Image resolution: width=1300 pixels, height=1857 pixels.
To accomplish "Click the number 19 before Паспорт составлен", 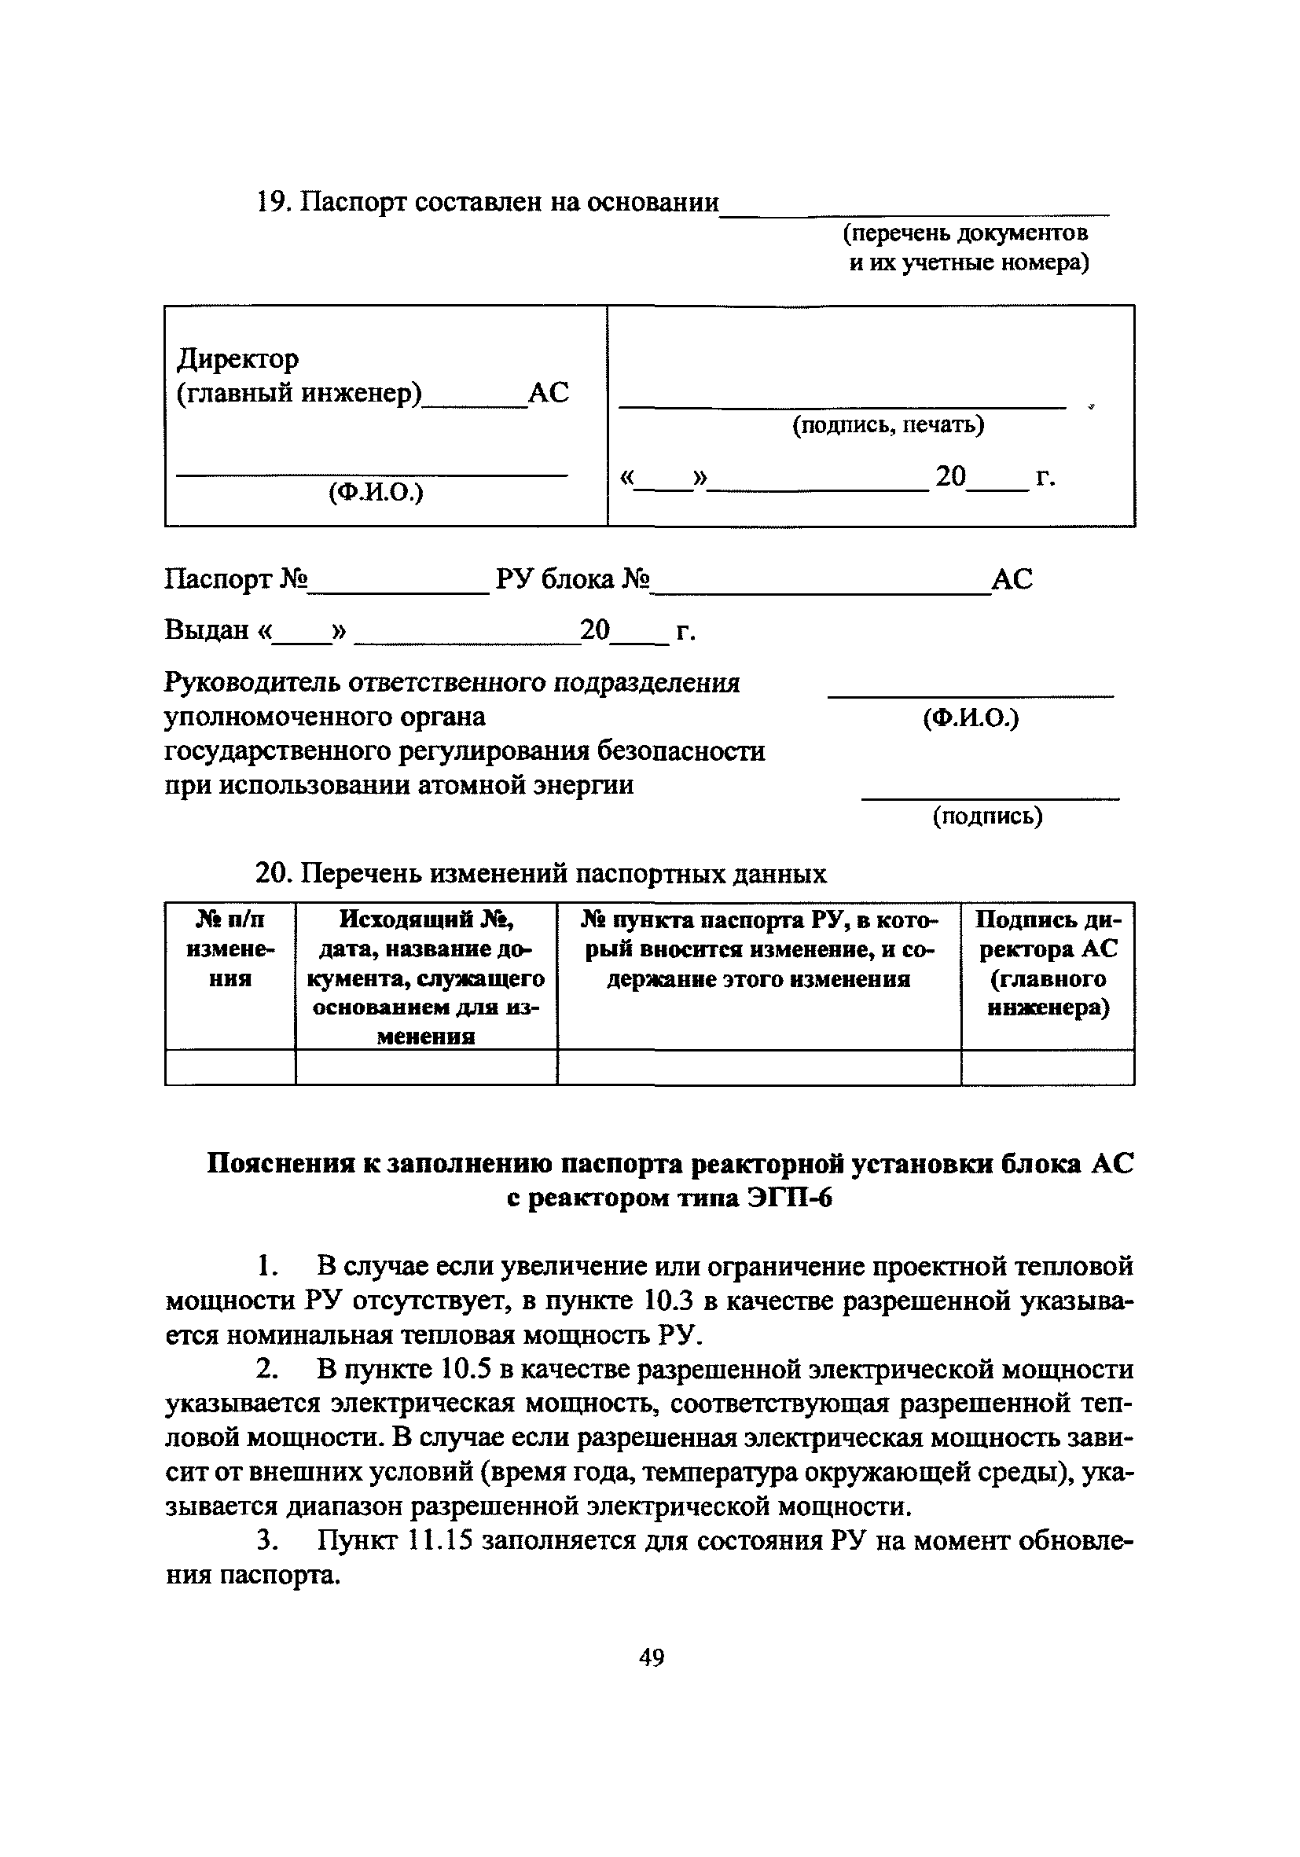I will pyautogui.click(x=271, y=202).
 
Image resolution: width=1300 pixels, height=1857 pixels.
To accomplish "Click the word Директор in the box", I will pyautogui.click(x=238, y=358).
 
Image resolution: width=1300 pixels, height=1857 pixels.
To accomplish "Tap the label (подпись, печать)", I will pyautogui.click(x=887, y=424).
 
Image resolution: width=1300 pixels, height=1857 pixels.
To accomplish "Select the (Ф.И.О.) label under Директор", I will pyautogui.click(x=376, y=492).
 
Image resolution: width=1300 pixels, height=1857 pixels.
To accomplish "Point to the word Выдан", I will pyautogui.click(x=207, y=629).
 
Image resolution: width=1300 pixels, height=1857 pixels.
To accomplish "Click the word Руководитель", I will pyautogui.click(x=252, y=683).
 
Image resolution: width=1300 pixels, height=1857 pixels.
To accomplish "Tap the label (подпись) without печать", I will pyautogui.click(x=987, y=816).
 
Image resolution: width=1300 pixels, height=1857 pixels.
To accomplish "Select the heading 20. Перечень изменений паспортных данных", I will pyautogui.click(x=541, y=874).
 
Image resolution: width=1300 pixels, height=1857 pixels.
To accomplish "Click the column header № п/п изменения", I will pyautogui.click(x=230, y=949).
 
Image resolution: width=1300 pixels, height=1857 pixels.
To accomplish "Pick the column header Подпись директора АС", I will pyautogui.click(x=1048, y=963).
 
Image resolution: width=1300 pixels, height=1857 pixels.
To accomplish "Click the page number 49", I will pyautogui.click(x=652, y=1657).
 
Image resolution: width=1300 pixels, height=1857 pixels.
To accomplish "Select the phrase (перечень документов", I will pyautogui.click(x=965, y=233).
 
